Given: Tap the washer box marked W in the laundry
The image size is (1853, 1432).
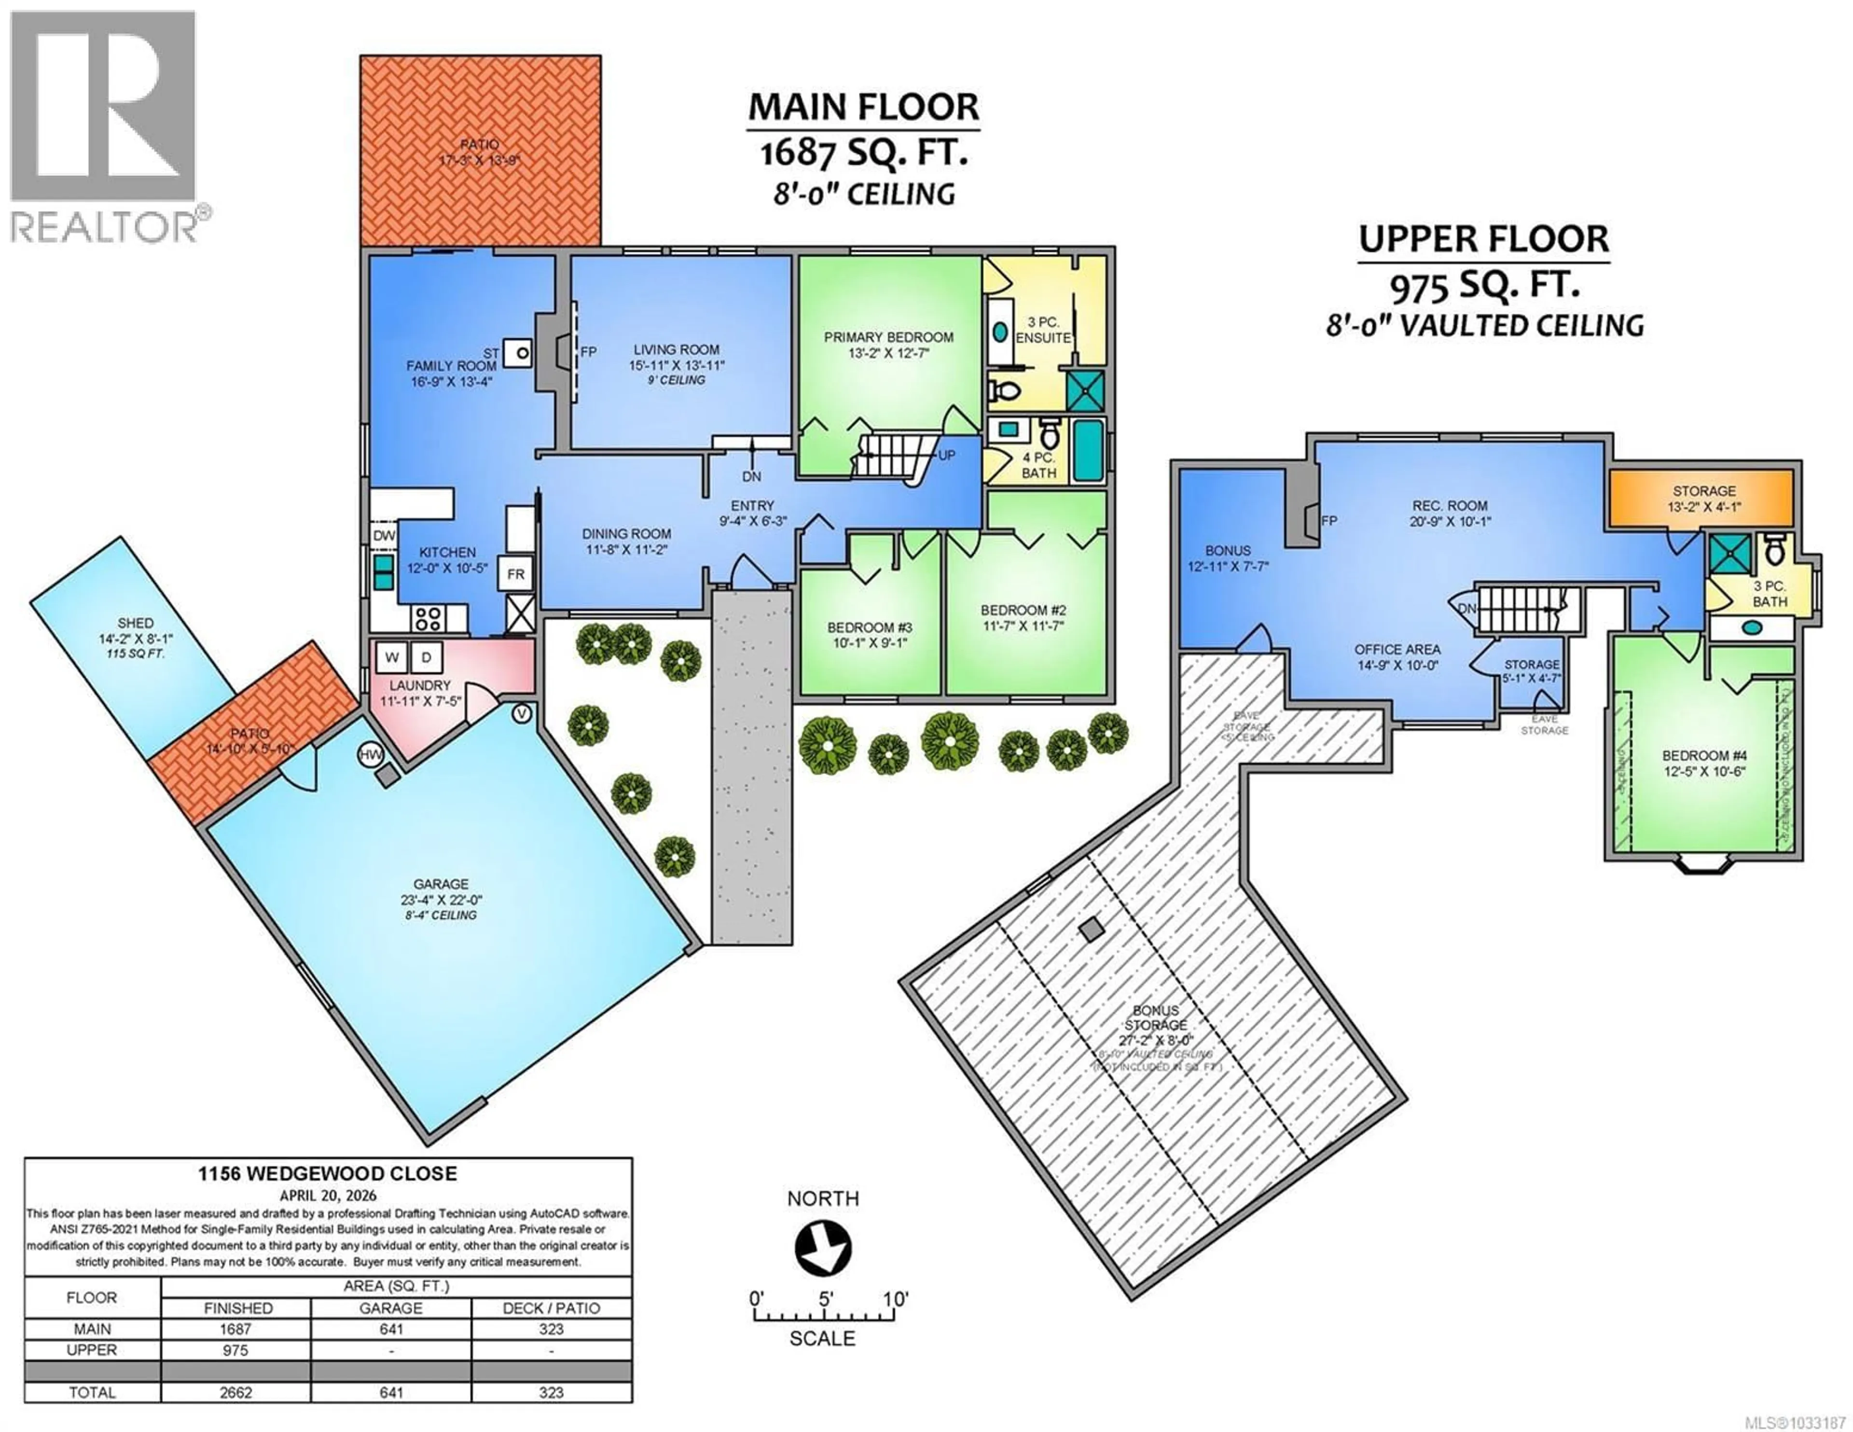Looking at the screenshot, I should pyautogui.click(x=392, y=657).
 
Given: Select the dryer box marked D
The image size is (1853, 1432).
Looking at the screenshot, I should pyautogui.click(x=427, y=657).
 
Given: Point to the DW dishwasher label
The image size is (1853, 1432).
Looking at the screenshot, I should pyautogui.click(x=384, y=536).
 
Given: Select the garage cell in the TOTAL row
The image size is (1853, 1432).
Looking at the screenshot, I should pyautogui.click(x=391, y=1392).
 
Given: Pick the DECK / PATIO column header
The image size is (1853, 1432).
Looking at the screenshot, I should pyautogui.click(x=552, y=1308).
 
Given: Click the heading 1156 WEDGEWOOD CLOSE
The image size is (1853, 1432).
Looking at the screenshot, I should pyautogui.click(x=328, y=1174).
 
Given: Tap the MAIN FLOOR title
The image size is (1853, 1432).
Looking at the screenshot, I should pyautogui.click(x=863, y=107).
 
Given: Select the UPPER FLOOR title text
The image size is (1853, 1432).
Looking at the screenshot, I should pyautogui.click(x=1484, y=239).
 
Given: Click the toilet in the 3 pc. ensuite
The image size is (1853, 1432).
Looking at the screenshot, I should pyautogui.click(x=1006, y=391).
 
